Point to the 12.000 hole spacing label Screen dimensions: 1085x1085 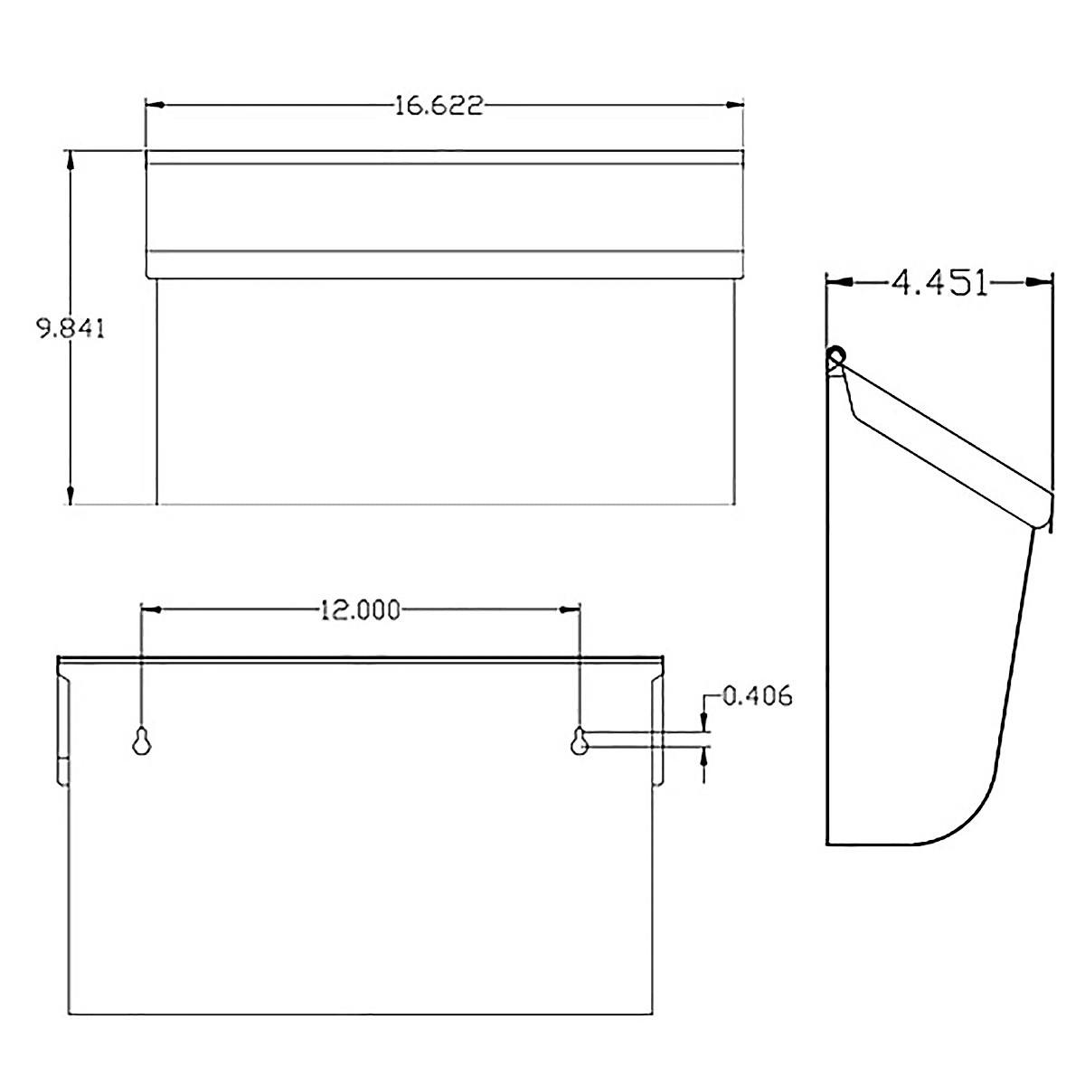pyautogui.click(x=359, y=610)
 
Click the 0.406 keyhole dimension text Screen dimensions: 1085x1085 pyautogui.click(x=757, y=695)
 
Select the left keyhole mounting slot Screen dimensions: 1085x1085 pyautogui.click(x=141, y=741)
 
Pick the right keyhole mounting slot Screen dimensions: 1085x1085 pyautogui.click(x=579, y=741)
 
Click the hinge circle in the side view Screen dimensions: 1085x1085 pyautogui.click(x=835, y=355)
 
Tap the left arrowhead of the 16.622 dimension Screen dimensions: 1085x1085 pyautogui.click(x=155, y=106)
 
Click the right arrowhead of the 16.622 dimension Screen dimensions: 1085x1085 pyautogui.click(x=733, y=106)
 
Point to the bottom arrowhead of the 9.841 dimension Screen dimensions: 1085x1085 pyautogui.click(x=71, y=494)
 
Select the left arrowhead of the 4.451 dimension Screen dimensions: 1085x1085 pyautogui.click(x=837, y=283)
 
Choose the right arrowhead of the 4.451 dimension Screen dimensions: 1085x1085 pyautogui.click(x=1042, y=283)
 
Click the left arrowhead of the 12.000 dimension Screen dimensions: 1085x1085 pyautogui.click(x=150, y=610)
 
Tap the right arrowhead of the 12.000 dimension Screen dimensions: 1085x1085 pyautogui.click(x=570, y=610)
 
